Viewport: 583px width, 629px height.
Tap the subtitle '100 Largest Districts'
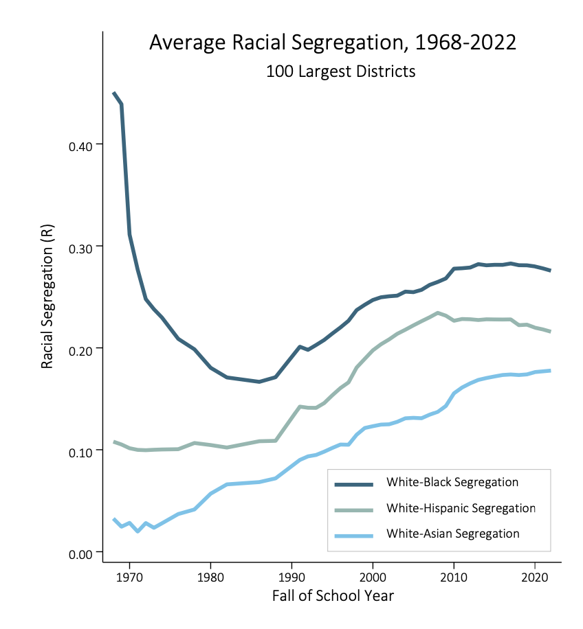(x=340, y=71)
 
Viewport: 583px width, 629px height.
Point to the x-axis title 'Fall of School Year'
(x=333, y=595)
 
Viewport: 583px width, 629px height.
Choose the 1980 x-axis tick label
(x=210, y=575)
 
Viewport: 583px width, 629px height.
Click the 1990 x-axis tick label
(x=291, y=575)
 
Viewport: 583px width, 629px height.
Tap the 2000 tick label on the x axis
(x=373, y=575)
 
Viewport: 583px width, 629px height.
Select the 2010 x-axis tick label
(x=454, y=575)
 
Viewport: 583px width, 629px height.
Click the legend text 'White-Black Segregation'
(x=452, y=482)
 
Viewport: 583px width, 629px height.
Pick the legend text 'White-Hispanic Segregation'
(x=461, y=508)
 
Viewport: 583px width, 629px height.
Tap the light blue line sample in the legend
(x=354, y=534)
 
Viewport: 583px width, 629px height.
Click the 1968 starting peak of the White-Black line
(x=114, y=93)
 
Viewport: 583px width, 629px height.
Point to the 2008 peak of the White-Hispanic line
(x=438, y=312)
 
